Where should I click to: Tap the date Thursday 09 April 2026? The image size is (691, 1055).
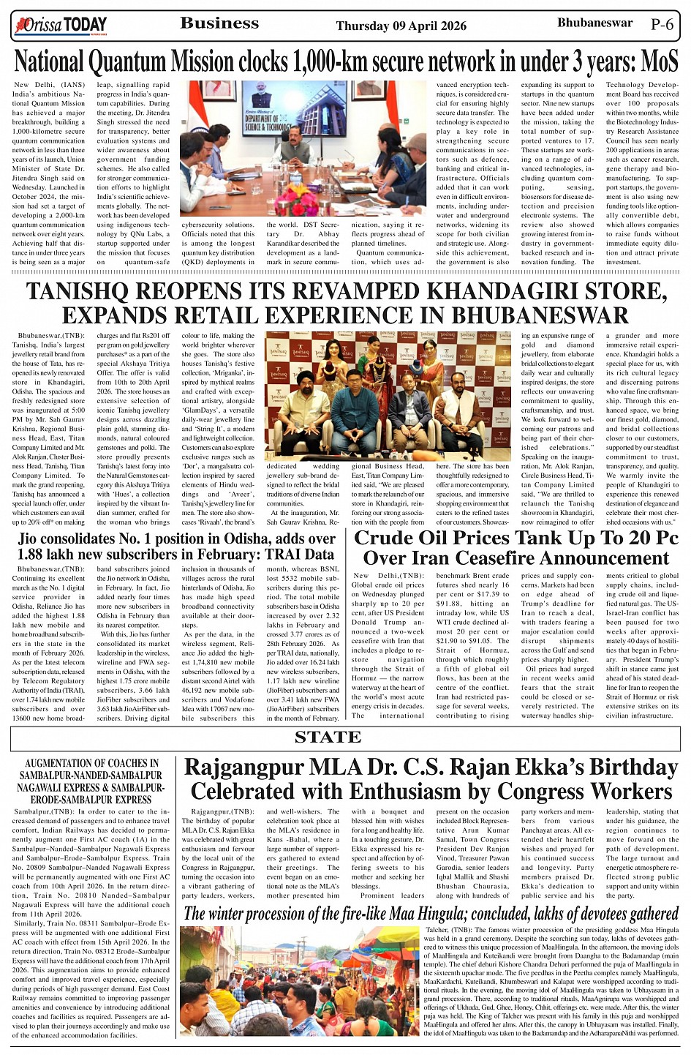pos(401,26)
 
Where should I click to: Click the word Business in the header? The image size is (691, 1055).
pos(219,23)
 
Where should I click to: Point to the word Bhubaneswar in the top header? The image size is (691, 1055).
pos(594,23)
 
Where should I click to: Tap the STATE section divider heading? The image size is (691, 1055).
pos(328,737)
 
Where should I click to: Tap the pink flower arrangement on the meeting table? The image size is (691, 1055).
pos(296,198)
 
